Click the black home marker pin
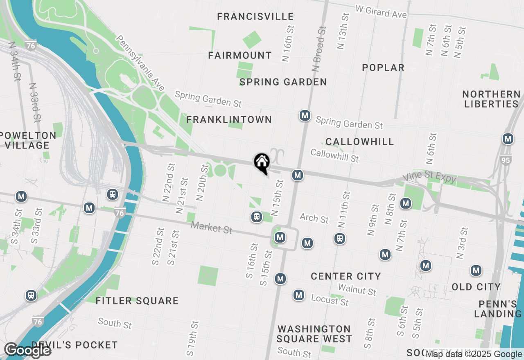[x=262, y=163]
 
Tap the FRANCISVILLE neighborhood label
[x=255, y=17]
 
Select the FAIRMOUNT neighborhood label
[x=240, y=56]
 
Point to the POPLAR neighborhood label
[x=383, y=68]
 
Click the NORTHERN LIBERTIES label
[x=491, y=99]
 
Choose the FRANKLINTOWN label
[x=229, y=120]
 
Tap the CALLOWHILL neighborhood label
[x=360, y=142]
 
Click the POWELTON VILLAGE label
[x=28, y=140]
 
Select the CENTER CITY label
[x=346, y=277]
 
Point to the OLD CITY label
[x=476, y=287]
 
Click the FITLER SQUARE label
[x=137, y=301]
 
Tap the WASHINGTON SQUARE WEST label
[x=314, y=334]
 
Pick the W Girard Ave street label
[x=381, y=12]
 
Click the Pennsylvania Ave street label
[x=140, y=63]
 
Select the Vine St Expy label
[x=429, y=177]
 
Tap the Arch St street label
[x=314, y=218]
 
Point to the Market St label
[x=211, y=227]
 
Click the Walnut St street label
[x=357, y=290]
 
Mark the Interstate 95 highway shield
[x=506, y=160]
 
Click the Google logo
[x=27, y=351]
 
